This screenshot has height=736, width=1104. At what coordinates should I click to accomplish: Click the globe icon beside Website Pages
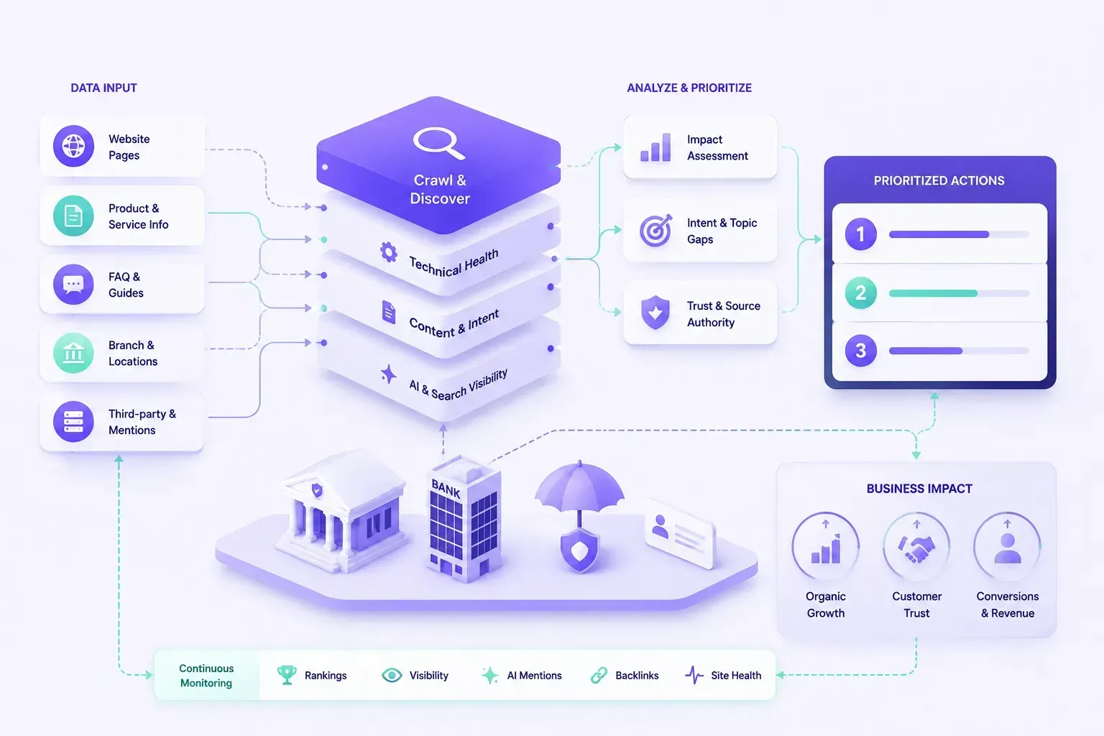coord(73,146)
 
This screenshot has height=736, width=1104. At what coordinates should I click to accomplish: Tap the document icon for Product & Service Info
coord(73,216)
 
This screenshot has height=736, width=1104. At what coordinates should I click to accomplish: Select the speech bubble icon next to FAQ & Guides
coord(73,285)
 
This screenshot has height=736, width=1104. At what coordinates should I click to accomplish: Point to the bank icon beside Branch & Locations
coord(73,353)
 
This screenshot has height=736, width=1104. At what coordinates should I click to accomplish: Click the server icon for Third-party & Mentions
coord(73,421)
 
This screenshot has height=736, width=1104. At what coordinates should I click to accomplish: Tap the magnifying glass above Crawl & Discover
coord(438,143)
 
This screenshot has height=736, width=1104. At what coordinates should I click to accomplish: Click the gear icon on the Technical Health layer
coord(388,252)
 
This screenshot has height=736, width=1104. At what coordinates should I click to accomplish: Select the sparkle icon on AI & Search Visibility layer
coord(388,374)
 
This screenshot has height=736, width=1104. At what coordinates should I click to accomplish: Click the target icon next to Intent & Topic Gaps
coord(655,230)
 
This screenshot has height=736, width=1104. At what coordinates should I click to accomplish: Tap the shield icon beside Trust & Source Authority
coord(655,313)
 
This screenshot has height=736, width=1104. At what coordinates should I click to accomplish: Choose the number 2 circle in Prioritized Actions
coord(860,293)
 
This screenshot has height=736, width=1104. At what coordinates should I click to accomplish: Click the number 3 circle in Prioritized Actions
coord(860,351)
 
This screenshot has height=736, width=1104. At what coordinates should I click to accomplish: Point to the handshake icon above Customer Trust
coord(916,549)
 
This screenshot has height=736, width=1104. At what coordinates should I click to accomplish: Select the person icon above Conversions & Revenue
coord(1008,548)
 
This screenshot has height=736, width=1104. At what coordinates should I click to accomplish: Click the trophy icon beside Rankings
coord(287,675)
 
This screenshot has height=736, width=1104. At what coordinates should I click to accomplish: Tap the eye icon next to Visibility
coord(392,675)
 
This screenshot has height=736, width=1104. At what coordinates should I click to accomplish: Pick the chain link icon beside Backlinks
coord(599,675)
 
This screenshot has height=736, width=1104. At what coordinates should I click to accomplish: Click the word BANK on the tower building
coord(446,489)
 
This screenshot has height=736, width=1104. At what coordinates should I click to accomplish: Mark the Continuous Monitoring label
coord(206,676)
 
